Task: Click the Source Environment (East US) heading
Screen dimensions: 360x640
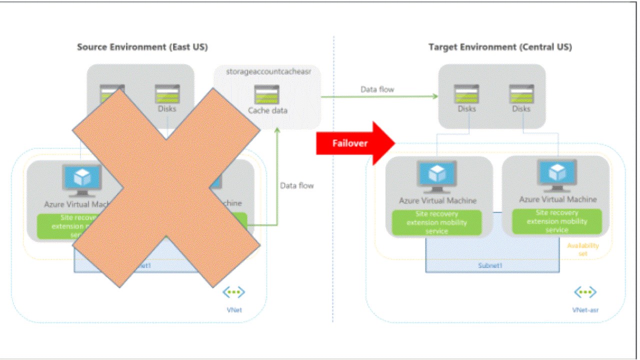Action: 142,47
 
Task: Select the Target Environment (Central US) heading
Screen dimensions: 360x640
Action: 500,47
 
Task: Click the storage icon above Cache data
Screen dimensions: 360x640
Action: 266,94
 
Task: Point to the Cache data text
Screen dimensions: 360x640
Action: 268,110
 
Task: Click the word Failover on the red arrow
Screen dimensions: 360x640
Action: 350,143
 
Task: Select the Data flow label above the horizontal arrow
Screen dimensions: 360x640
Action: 377,89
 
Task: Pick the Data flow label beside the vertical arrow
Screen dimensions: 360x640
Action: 297,185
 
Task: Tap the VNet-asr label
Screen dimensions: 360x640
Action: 585,309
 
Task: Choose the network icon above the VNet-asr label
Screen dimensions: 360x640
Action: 584,292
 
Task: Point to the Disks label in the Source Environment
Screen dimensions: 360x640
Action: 167,109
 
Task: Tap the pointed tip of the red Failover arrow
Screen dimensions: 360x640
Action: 395,143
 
